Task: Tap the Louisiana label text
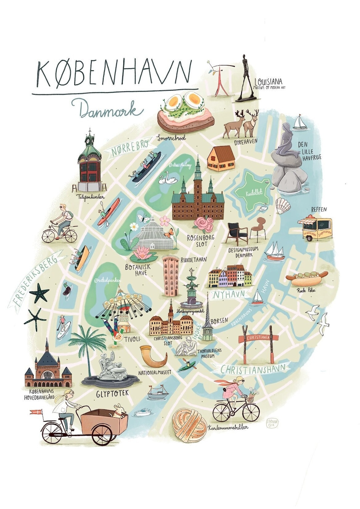[268, 81]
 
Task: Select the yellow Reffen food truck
[315, 228]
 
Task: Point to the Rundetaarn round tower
[171, 275]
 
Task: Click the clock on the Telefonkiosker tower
[88, 140]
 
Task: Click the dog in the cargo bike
[119, 411]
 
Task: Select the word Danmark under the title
[107, 109]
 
